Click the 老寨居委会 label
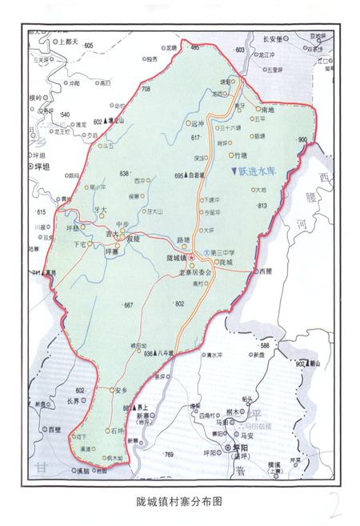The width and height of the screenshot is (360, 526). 195,272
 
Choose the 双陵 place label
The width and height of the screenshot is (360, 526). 133,237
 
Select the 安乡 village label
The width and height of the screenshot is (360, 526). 122,390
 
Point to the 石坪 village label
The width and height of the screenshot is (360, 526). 118,430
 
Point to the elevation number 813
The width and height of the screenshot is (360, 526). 261,207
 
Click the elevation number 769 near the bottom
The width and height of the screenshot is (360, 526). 169,455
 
